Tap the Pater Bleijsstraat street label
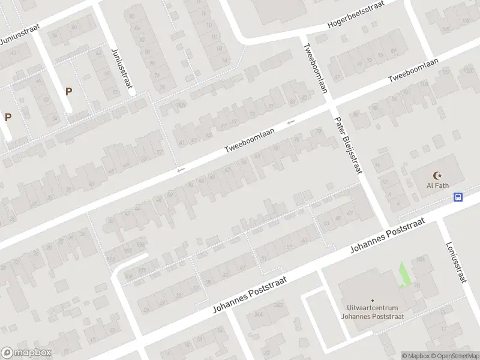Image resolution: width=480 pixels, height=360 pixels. pyautogui.click(x=349, y=144)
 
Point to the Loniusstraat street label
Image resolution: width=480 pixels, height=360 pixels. pyautogui.click(x=456, y=262)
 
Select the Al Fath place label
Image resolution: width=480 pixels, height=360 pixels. pyautogui.click(x=438, y=185)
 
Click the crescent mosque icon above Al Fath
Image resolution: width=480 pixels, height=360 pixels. pyautogui.click(x=438, y=175)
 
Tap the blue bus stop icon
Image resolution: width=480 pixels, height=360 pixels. pyautogui.click(x=458, y=196)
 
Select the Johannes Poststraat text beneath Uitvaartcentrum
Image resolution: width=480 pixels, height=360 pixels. pyautogui.click(x=372, y=316)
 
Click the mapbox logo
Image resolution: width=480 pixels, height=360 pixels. pyautogui.click(x=26, y=353)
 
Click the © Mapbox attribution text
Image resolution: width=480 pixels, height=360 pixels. pyautogui.click(x=415, y=356)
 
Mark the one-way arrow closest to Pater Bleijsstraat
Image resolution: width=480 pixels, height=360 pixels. pyautogui.click(x=291, y=122)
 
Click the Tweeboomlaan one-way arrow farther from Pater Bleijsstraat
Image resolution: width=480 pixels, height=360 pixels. pyautogui.click(x=181, y=171)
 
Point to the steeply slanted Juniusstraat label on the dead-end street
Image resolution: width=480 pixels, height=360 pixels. pyautogui.click(x=121, y=68)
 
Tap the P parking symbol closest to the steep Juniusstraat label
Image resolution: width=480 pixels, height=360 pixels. pyautogui.click(x=68, y=92)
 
